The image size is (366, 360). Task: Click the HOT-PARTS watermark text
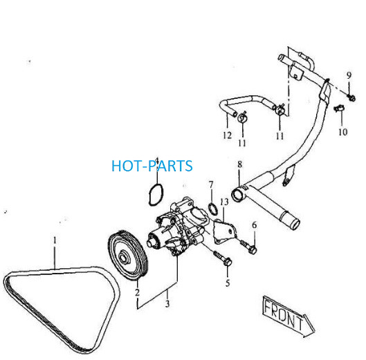pos(152,166)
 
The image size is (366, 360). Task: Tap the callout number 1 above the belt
pos(55,240)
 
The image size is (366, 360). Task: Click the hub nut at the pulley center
pos(123,258)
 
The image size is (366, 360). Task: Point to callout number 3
pos(167,303)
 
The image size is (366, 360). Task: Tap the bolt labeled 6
pos(248,247)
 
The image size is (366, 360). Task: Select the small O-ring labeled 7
pos(212,208)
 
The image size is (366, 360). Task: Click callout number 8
pos(239,164)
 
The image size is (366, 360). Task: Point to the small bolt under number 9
pos(351,97)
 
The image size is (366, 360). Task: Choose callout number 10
pos(343,132)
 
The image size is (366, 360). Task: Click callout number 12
pos(227,135)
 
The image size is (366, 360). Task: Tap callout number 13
pos(224,202)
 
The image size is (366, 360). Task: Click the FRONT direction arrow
pos(289,316)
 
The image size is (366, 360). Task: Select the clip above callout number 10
pos(339,108)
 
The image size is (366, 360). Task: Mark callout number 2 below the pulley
pos(137,292)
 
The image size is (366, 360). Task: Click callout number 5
pos(228,283)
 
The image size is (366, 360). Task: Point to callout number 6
pos(254,225)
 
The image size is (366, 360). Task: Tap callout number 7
pos(211,185)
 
